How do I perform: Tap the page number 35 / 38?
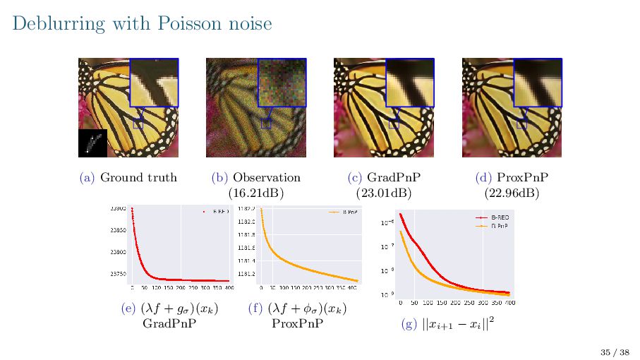click(615, 352)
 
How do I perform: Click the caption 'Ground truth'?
click(138, 177)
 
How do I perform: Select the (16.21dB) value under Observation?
click(255, 192)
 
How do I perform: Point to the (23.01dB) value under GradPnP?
click(384, 192)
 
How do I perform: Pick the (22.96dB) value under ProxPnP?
click(512, 192)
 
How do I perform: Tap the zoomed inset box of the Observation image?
click(282, 83)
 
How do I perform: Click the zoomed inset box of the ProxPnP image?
click(537, 83)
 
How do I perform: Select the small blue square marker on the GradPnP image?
click(394, 123)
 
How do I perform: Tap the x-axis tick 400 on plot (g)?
click(509, 302)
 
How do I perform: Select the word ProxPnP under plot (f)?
click(298, 324)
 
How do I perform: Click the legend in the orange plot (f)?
click(344, 211)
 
